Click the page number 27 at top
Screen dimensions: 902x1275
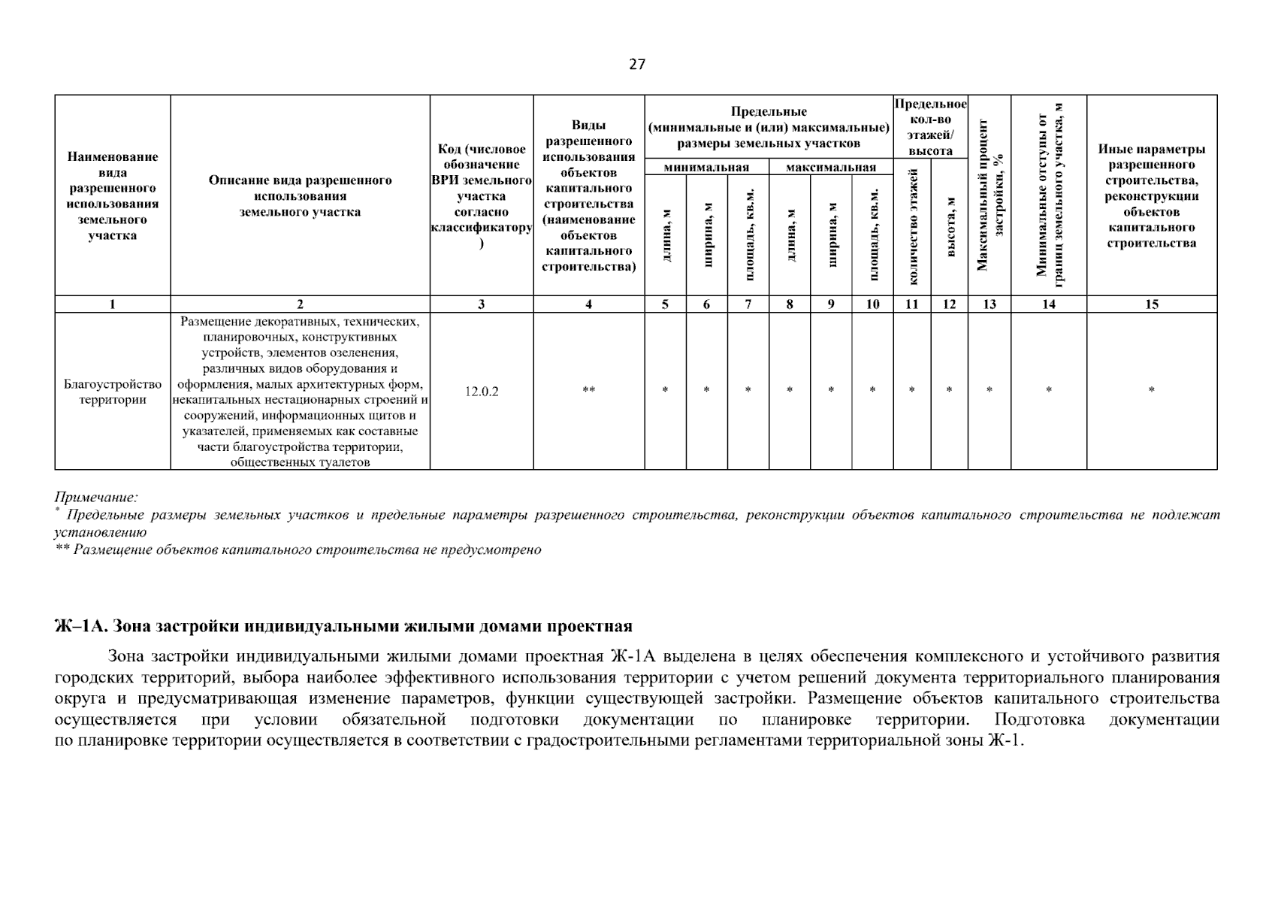pos(636,65)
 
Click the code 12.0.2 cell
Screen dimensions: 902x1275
pos(481,392)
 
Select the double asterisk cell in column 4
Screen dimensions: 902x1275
pos(588,391)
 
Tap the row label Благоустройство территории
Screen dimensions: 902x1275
pos(113,392)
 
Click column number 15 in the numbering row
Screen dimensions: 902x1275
pos(1151,304)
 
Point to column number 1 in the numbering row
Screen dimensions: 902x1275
pos(113,304)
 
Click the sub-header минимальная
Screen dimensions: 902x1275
pos(706,168)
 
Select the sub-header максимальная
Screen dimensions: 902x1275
pos(830,168)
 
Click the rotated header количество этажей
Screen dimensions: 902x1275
pos(913,227)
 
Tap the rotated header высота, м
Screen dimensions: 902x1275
pos(950,227)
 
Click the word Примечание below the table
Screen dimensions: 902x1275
pos(96,498)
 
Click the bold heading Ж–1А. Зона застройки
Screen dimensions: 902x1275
pos(343,627)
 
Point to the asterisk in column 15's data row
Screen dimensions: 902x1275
pos(1151,391)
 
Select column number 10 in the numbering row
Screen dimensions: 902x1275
pos(872,304)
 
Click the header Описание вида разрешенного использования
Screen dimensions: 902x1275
pos(300,196)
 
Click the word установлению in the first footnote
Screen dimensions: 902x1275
pos(101,532)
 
